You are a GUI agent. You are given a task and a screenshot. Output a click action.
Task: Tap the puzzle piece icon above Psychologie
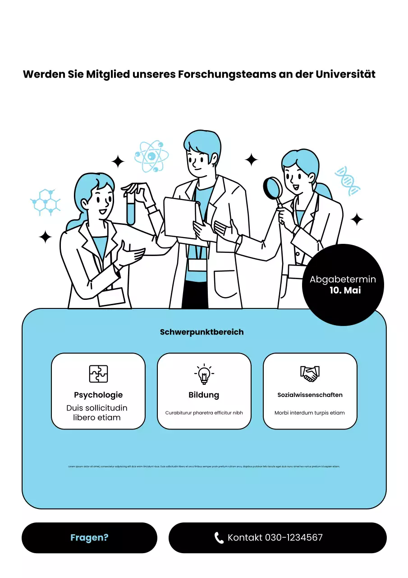tap(98, 374)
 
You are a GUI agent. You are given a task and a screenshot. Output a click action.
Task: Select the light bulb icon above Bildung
tap(204, 374)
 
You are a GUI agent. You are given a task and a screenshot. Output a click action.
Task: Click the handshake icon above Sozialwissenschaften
tap(310, 373)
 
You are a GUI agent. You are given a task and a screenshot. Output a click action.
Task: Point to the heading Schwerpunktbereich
tap(202, 332)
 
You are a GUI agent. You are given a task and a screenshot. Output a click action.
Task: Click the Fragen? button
tap(89, 538)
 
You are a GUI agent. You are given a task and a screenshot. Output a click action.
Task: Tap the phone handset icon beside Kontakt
tap(219, 538)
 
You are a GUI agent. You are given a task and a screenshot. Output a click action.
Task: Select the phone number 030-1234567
tap(293, 538)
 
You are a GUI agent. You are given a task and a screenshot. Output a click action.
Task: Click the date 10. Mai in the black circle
tap(345, 290)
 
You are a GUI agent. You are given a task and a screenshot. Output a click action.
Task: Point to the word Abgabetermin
tap(343, 280)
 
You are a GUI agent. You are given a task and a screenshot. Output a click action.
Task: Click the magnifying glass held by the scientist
tap(272, 188)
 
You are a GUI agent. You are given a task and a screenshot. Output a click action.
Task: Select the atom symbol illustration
tap(151, 156)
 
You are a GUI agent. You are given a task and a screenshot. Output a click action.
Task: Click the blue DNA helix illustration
tap(347, 181)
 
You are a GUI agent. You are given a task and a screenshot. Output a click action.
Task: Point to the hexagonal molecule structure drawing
tap(45, 202)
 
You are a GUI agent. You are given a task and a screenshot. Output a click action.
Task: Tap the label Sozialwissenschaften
tap(310, 395)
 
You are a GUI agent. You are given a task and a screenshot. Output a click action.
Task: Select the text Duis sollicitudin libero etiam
tap(97, 413)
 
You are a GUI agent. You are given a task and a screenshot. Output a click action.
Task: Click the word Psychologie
tap(98, 395)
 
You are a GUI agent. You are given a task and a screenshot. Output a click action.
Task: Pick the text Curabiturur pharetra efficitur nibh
tap(204, 413)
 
